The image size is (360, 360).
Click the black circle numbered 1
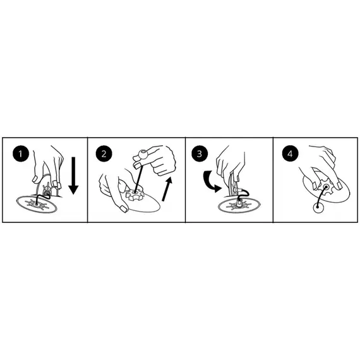click(x=21, y=153)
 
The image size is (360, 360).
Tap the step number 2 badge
click(x=104, y=153)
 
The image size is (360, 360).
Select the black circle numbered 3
click(x=200, y=153)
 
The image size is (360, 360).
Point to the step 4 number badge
click(x=290, y=153)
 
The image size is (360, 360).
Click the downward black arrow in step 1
click(x=73, y=176)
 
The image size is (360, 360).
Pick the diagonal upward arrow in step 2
click(x=167, y=189)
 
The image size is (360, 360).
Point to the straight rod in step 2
click(x=138, y=176)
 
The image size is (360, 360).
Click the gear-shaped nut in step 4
click(x=325, y=187)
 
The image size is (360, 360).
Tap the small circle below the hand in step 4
click(x=319, y=208)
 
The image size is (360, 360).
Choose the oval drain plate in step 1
click(x=37, y=204)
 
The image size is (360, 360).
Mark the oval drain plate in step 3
click(x=239, y=206)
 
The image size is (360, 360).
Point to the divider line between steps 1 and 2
click(x=88, y=180)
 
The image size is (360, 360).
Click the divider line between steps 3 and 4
click(x=273, y=180)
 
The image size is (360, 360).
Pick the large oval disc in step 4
click(x=327, y=189)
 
